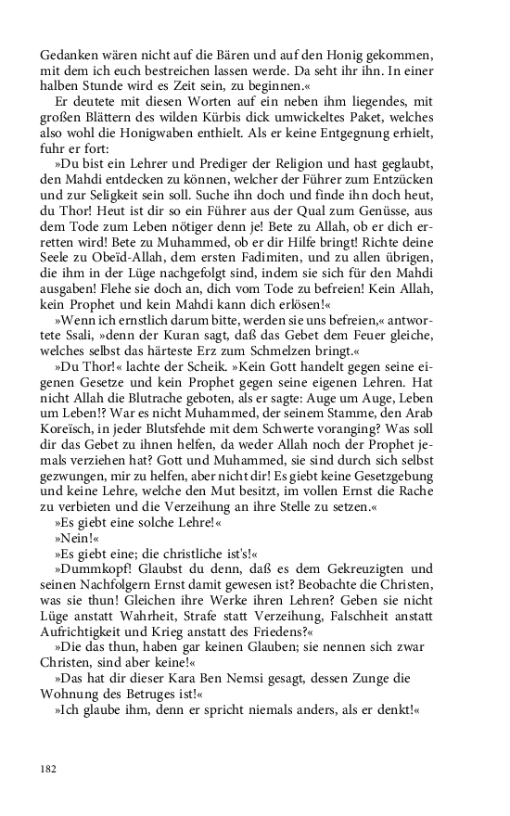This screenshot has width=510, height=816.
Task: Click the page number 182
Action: pos(49,768)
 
